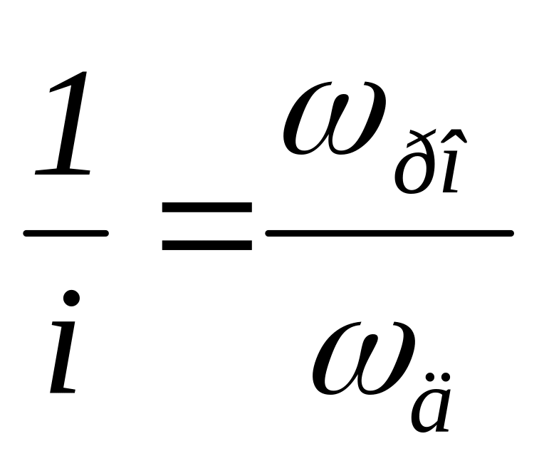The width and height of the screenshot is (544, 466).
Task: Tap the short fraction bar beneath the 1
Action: point(66,233)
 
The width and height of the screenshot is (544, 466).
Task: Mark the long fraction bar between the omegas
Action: point(389,233)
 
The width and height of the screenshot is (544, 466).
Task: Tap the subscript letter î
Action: point(451,175)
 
